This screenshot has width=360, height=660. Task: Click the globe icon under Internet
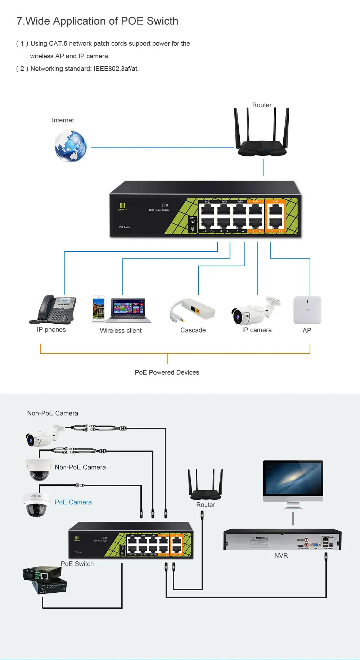point(71,146)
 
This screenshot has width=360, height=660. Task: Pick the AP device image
point(307,310)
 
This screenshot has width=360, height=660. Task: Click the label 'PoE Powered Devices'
point(167,372)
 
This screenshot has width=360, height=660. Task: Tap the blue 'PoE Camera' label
point(73,502)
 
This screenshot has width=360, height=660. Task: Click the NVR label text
point(281,556)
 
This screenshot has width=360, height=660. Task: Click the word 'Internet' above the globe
point(63,120)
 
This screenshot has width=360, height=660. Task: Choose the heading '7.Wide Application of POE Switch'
point(97,21)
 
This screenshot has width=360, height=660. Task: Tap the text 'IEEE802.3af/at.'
point(116,69)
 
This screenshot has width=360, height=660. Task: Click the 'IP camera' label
point(257,330)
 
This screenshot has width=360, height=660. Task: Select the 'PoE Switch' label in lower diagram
point(77,564)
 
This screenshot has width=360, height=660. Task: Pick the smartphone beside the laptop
point(99,308)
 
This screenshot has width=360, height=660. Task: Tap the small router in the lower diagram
point(206,486)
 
